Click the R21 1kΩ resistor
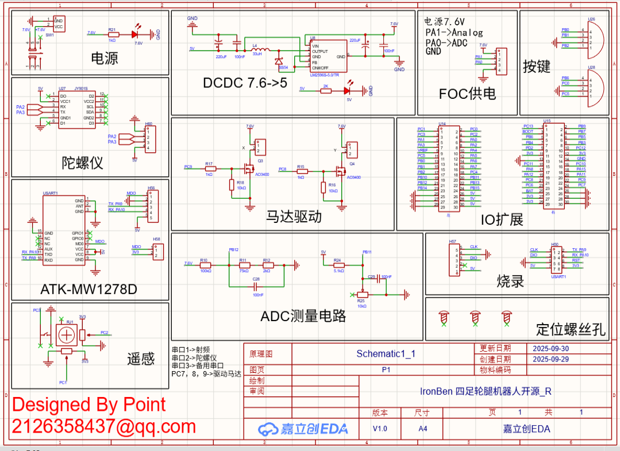click(x=112, y=34)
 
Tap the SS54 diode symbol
click(x=280, y=61)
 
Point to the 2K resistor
click(x=326, y=91)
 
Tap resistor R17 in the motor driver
click(x=209, y=169)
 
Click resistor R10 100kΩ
click(x=204, y=265)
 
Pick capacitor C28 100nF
click(x=256, y=286)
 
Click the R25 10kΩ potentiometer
click(x=361, y=294)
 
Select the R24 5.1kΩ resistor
click(x=338, y=265)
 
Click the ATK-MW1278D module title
click(x=88, y=289)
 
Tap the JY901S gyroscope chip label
click(x=81, y=89)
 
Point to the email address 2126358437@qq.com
click(x=104, y=426)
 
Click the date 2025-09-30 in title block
click(x=551, y=348)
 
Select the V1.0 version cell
click(x=380, y=429)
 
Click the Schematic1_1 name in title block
click(x=386, y=354)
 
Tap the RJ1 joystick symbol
click(x=68, y=333)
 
